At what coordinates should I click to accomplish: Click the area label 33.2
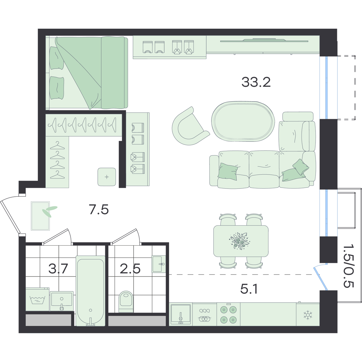point(256,82)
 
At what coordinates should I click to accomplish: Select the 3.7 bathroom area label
point(58,268)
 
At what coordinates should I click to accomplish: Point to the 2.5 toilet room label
point(130,268)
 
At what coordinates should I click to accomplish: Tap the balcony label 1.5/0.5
point(349,269)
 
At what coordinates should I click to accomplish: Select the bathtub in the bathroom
point(91,291)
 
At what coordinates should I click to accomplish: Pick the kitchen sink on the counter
point(180,315)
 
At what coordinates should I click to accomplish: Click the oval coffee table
point(243,121)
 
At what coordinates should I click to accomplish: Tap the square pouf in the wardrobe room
point(107,177)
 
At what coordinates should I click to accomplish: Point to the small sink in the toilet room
point(159,264)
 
